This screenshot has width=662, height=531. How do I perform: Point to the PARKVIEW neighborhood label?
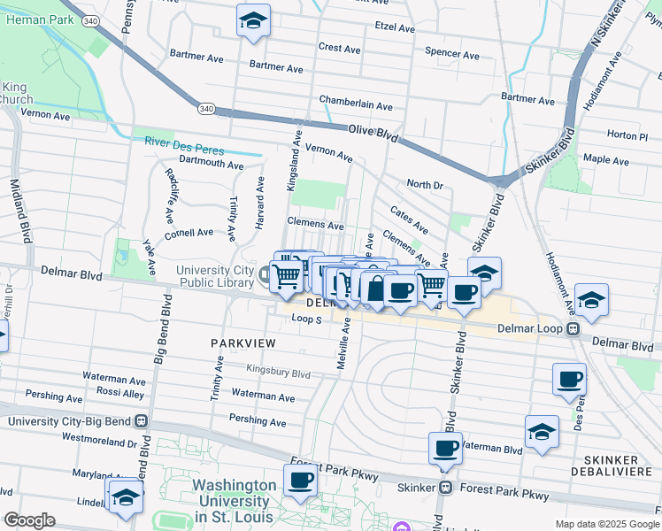tap(242, 342)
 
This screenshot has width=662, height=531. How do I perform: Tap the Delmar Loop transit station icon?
tap(573, 329)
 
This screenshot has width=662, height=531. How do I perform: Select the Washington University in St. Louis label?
tap(235, 500)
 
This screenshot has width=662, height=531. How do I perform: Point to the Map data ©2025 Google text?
tap(605, 524)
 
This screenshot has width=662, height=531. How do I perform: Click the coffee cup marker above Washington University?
tap(300, 480)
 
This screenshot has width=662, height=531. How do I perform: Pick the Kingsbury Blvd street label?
tap(278, 374)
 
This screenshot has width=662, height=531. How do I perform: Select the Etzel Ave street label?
tap(395, 28)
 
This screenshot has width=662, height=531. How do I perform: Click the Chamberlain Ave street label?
tap(356, 105)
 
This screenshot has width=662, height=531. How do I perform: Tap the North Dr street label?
tap(424, 184)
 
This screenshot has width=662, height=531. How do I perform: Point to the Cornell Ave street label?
tap(189, 233)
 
